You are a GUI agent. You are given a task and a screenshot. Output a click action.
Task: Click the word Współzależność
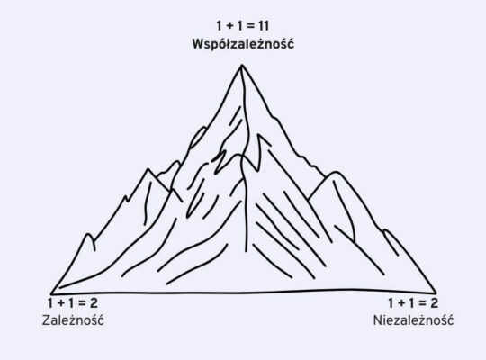243,44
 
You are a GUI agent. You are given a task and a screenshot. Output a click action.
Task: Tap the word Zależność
73,320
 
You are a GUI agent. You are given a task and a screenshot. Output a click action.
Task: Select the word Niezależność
413,320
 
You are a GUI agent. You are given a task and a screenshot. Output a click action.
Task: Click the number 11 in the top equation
264,26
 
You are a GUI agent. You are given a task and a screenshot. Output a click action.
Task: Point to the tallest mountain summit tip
242,65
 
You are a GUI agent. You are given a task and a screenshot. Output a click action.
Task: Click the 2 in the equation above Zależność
94,303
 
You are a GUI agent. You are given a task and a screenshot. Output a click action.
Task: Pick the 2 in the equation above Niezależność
434,303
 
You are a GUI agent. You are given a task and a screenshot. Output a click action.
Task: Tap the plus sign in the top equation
229,26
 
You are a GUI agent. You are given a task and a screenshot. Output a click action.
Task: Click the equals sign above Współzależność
250,26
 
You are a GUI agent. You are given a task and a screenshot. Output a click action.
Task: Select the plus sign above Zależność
61,303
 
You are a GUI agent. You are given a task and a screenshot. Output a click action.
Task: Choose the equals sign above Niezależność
421,303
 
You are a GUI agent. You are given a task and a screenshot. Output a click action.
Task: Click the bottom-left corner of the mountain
51,293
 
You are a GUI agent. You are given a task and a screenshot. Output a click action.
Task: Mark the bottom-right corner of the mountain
436,292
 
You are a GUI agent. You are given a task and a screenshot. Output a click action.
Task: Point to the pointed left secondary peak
148,169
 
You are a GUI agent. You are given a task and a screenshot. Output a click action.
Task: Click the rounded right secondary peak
336,172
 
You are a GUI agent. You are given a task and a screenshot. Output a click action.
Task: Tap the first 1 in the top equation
219,26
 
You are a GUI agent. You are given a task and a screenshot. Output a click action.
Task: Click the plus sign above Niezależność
401,303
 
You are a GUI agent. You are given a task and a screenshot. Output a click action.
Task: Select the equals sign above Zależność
81,303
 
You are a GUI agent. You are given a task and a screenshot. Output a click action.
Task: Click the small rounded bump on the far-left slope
89,235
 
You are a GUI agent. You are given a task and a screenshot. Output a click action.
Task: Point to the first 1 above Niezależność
391,303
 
